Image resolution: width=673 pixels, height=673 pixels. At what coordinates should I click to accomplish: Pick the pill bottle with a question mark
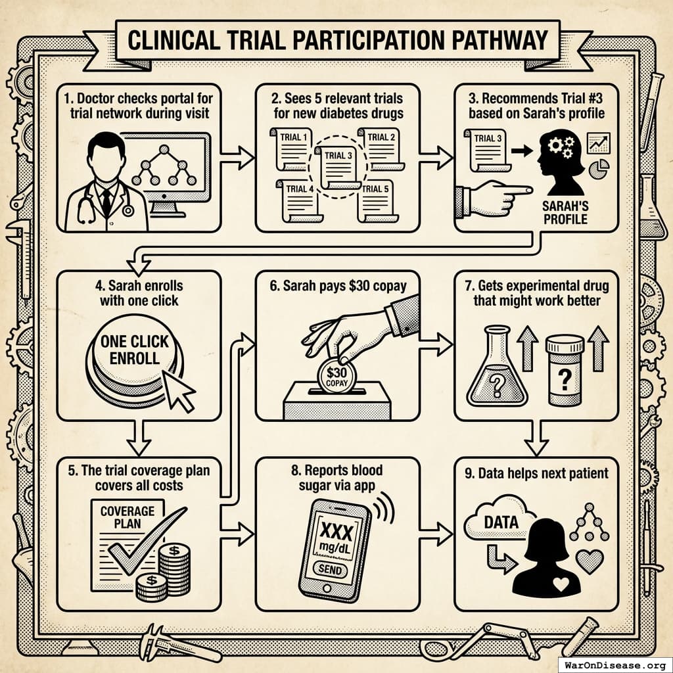coord(565,371)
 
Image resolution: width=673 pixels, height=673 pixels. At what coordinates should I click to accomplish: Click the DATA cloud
coord(500,523)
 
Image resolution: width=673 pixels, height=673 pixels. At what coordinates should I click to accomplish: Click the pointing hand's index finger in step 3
coord(519,191)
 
